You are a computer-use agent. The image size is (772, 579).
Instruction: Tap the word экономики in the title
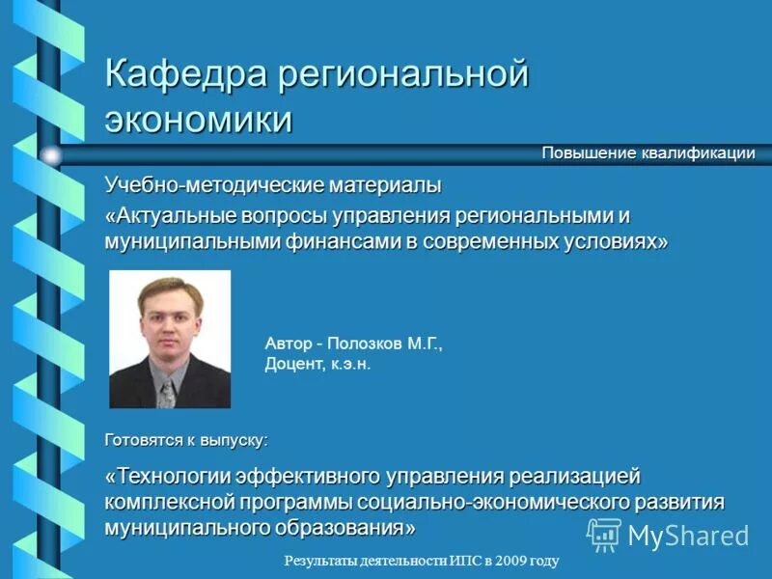[199, 121]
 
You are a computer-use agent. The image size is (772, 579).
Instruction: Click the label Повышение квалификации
[648, 153]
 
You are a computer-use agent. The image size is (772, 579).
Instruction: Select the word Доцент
[293, 364]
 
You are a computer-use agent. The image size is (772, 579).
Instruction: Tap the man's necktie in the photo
[168, 390]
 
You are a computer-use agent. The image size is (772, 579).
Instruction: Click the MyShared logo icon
[604, 534]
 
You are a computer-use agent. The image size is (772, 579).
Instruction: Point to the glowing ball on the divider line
[50, 154]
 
